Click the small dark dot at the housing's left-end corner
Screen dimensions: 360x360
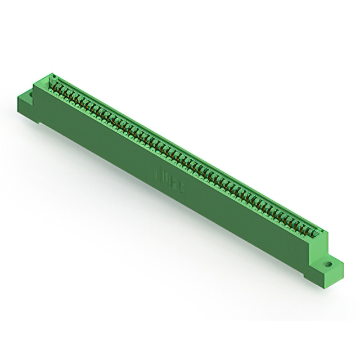tap(53, 75)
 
